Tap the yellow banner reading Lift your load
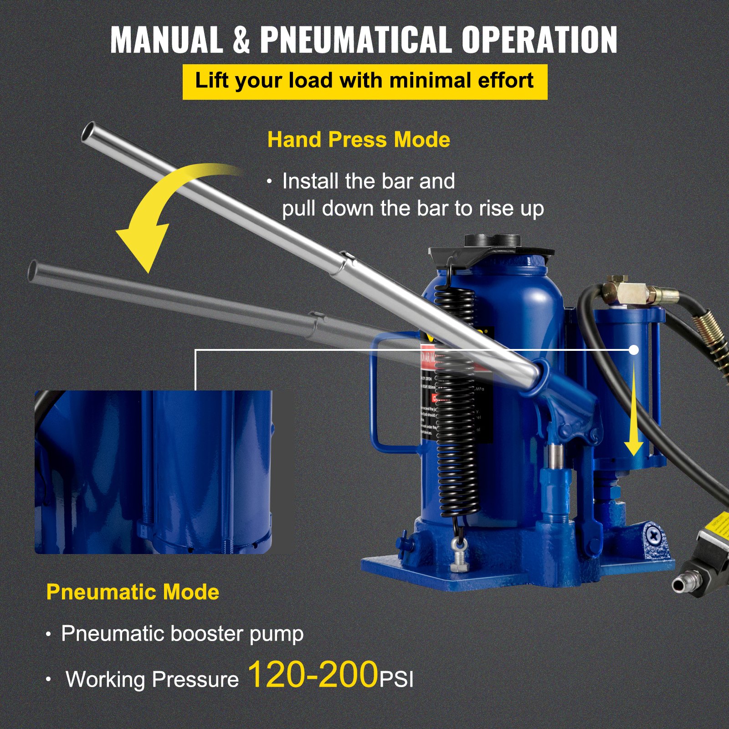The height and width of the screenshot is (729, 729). pyautogui.click(x=364, y=82)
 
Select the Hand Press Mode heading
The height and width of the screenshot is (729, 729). pyautogui.click(x=359, y=139)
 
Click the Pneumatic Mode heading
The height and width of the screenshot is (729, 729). pyautogui.click(x=133, y=592)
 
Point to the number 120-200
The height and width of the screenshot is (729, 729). pyautogui.click(x=313, y=675)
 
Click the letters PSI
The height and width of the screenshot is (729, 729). pyautogui.click(x=396, y=679)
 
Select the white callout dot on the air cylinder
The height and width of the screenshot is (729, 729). pyautogui.click(x=634, y=350)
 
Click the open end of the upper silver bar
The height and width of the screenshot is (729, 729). pyautogui.click(x=88, y=133)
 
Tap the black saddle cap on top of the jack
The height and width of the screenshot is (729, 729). pyautogui.click(x=492, y=246)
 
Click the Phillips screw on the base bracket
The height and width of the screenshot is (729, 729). pyautogui.click(x=654, y=536)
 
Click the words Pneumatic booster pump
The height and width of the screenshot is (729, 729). pyautogui.click(x=182, y=634)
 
